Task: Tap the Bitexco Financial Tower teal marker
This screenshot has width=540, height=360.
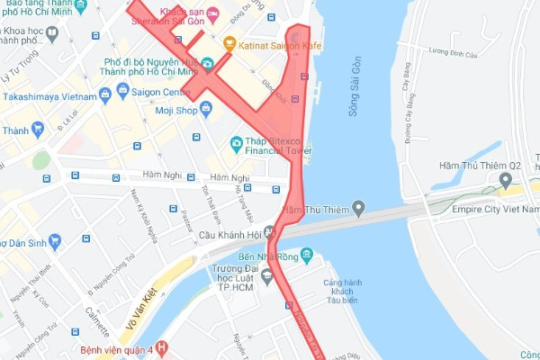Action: click(236, 142)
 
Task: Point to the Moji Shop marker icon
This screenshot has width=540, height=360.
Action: click(207, 109)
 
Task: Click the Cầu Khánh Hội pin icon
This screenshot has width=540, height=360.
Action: click(269, 232)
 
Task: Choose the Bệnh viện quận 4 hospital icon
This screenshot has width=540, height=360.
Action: click(161, 346)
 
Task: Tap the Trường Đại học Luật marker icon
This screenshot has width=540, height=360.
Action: click(266, 274)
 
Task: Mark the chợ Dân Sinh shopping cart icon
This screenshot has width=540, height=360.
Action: click(56, 240)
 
